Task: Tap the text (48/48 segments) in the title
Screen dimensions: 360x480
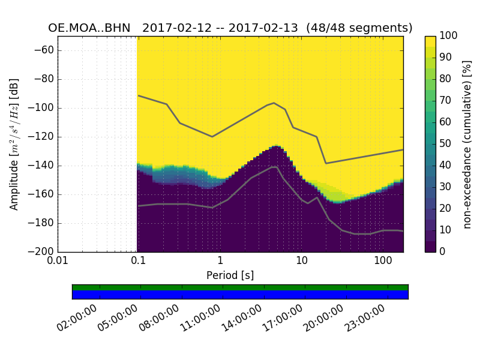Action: click(x=359, y=28)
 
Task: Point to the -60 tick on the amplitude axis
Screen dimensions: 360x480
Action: click(x=46, y=50)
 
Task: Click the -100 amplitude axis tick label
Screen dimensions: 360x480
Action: click(x=43, y=108)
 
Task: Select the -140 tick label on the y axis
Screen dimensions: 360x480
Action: click(x=43, y=166)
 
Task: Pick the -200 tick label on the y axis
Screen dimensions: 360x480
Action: click(x=43, y=252)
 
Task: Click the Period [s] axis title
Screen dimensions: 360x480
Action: click(x=230, y=275)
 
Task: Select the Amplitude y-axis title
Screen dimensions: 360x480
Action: click(x=14, y=144)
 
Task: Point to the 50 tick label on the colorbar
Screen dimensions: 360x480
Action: click(x=446, y=144)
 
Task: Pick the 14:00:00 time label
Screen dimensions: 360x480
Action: click(x=242, y=318)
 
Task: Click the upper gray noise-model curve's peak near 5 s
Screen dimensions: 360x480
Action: click(x=274, y=103)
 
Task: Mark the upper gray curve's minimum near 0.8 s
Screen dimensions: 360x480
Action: click(x=212, y=137)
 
